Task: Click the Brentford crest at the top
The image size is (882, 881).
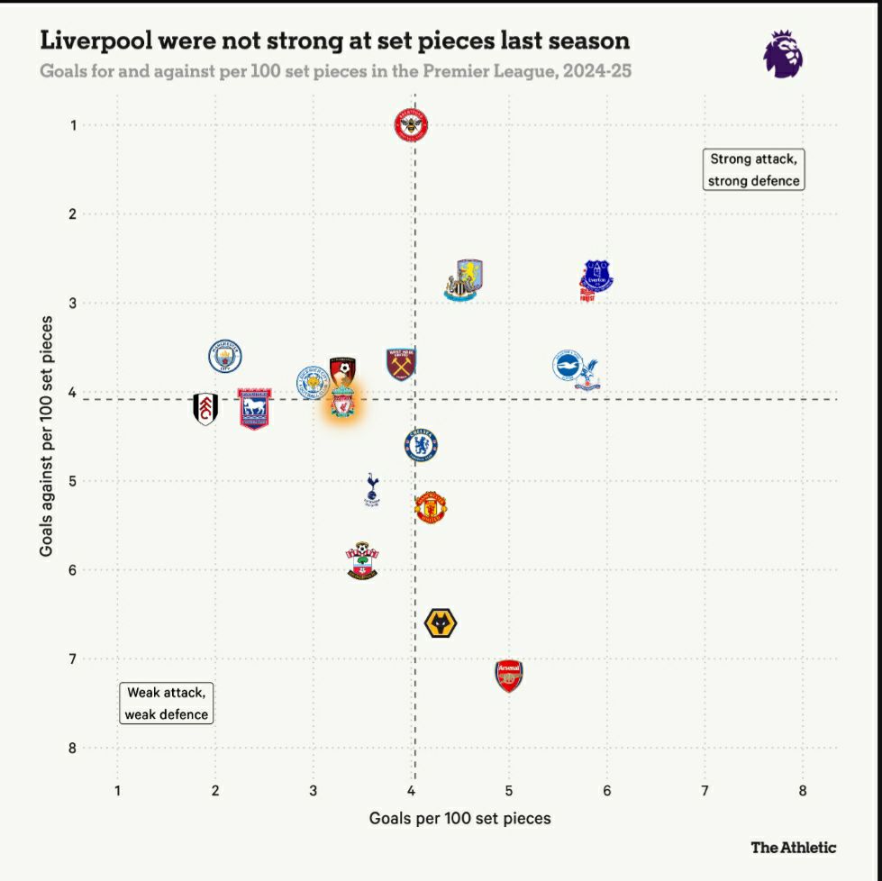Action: pyautogui.click(x=412, y=125)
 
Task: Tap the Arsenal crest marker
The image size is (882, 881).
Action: pyautogui.click(x=509, y=676)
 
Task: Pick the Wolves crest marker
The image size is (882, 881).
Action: pyautogui.click(x=441, y=622)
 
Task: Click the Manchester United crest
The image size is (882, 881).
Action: pyautogui.click(x=432, y=508)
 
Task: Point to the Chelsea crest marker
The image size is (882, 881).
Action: pyautogui.click(x=421, y=444)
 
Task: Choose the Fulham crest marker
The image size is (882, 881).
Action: pyautogui.click(x=205, y=409)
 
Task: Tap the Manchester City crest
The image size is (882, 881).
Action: pyautogui.click(x=225, y=357)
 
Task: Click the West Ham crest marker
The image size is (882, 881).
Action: pyautogui.click(x=401, y=364)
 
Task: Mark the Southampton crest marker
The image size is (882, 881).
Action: pyautogui.click(x=362, y=560)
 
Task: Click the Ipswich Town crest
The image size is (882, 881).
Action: pyautogui.click(x=255, y=408)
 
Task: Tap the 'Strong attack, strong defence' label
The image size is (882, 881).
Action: pyautogui.click(x=753, y=169)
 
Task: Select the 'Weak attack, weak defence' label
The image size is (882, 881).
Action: pyautogui.click(x=167, y=704)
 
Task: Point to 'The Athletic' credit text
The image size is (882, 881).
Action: pyautogui.click(x=793, y=847)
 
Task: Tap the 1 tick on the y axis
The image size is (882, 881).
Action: pyautogui.click(x=72, y=124)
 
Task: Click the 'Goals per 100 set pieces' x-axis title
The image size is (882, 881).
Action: pyautogui.click(x=459, y=818)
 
